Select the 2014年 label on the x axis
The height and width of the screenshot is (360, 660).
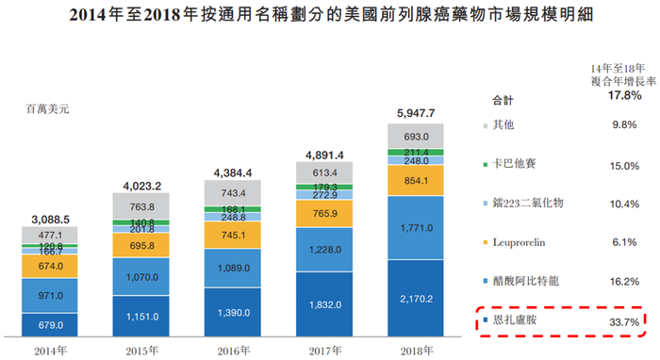coord(48,349)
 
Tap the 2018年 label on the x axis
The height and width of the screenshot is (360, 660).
coord(418,349)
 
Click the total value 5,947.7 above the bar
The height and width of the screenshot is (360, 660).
coord(418,113)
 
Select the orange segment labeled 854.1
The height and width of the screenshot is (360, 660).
coord(418,181)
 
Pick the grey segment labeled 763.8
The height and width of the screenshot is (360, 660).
coord(140,207)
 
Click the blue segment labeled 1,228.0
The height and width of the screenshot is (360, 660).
coord(325,250)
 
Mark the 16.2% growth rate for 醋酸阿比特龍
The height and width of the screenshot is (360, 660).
coord(623,281)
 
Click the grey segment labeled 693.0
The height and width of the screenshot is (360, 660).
coord(418,137)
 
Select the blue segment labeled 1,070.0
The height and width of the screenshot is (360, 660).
coord(140,280)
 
